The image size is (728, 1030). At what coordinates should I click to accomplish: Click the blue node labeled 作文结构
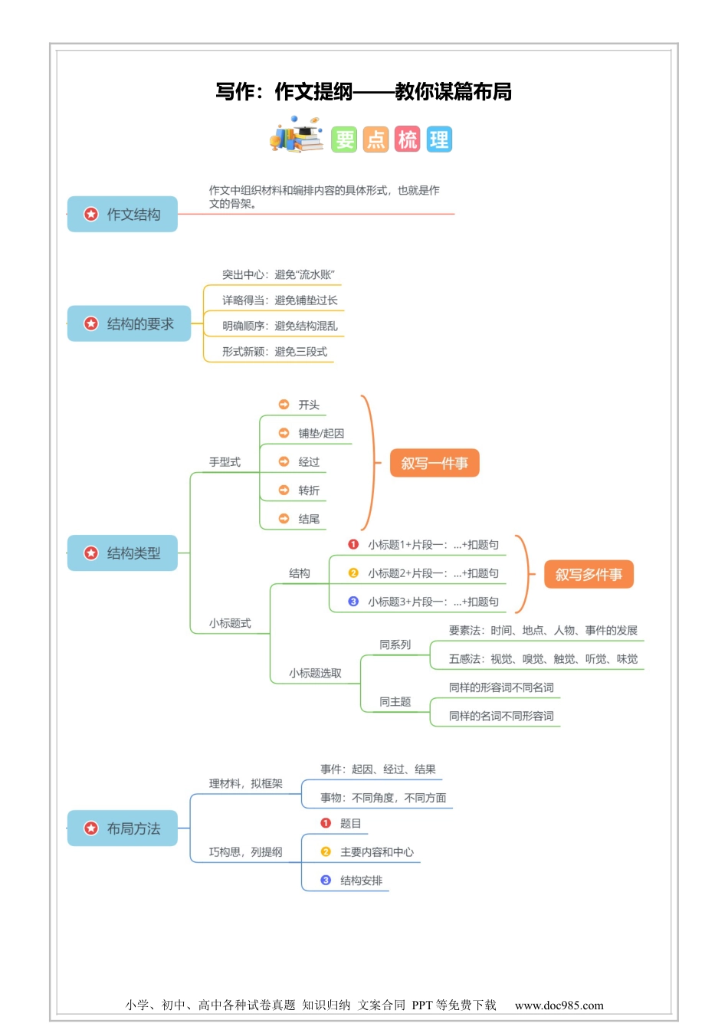tap(123, 215)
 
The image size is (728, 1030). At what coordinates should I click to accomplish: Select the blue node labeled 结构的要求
tap(129, 324)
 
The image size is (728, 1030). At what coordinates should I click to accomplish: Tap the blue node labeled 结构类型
tap(123, 553)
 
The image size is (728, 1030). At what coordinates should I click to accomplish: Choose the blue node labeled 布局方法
tap(123, 828)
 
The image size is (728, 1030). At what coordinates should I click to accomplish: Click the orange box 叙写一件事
tap(435, 464)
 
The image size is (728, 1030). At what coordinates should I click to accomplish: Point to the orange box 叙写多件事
tap(589, 575)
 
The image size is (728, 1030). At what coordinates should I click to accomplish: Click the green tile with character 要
tap(344, 139)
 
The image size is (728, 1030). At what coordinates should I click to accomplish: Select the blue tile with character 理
tap(439, 139)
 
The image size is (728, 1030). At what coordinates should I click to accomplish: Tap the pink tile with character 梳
tap(408, 139)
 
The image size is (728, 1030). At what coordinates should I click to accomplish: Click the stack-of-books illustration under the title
tap(296, 136)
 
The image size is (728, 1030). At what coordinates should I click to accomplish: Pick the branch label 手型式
tap(225, 462)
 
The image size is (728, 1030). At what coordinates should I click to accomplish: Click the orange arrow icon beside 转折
tap(284, 490)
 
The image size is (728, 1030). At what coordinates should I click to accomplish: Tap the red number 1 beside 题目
tap(326, 823)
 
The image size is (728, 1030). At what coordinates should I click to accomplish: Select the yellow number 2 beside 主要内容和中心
tap(326, 851)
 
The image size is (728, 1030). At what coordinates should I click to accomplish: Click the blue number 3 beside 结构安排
tap(326, 881)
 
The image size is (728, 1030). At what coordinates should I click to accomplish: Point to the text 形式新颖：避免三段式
tap(274, 352)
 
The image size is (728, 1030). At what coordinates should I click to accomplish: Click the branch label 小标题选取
tap(315, 674)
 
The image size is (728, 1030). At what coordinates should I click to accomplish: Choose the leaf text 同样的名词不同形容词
tap(501, 717)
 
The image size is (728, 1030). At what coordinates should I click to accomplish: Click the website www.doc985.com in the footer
tap(559, 1005)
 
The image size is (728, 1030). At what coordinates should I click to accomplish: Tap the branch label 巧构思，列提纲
tap(245, 852)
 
